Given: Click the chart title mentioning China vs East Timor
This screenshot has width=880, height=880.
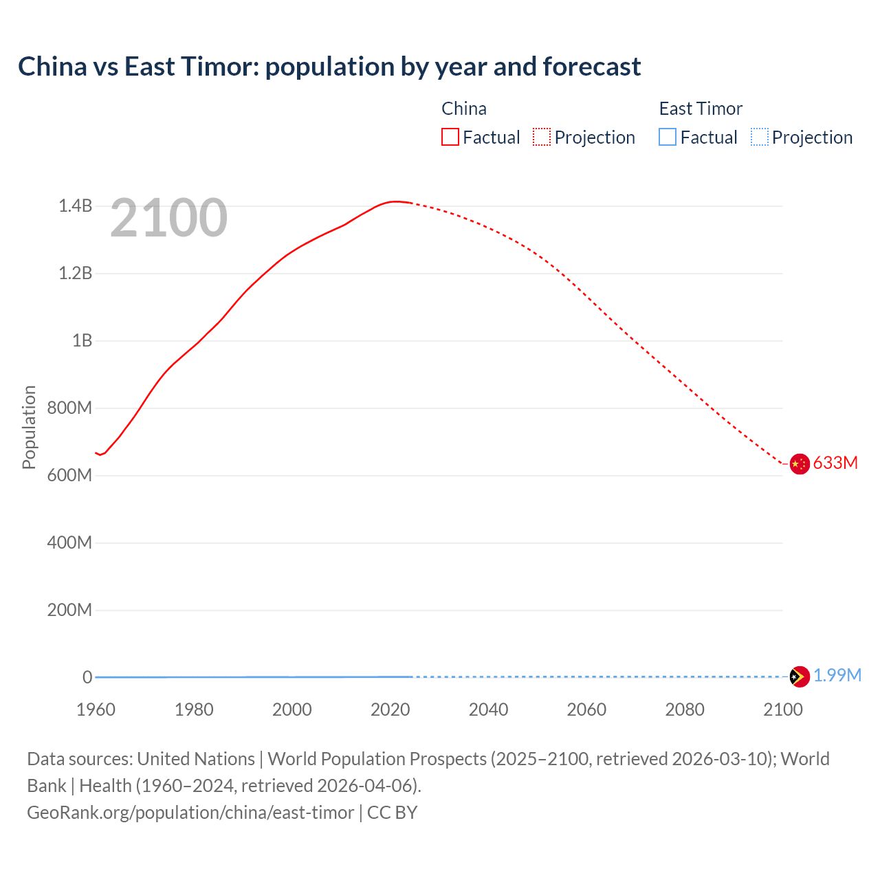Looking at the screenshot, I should click(x=329, y=67).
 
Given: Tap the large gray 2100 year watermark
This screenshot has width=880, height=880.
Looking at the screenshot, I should click(x=168, y=218).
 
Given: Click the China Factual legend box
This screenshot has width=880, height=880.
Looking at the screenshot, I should click(x=450, y=137).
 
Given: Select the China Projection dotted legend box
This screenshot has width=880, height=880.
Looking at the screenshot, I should click(x=542, y=137).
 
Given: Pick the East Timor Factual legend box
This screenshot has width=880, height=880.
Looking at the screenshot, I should click(x=668, y=137).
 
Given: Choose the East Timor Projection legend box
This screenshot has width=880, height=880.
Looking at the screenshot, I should click(x=759, y=137).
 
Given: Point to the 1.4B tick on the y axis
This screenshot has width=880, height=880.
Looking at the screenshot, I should click(x=75, y=206).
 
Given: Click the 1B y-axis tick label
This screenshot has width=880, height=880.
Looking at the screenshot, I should click(x=82, y=341).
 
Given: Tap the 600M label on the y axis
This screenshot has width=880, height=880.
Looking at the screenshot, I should click(x=69, y=476).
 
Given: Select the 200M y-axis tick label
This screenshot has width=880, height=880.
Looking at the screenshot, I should click(x=69, y=610).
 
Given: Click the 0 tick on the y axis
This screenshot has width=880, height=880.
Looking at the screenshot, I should click(x=87, y=677).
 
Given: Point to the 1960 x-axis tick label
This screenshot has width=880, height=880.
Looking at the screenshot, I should click(x=96, y=709).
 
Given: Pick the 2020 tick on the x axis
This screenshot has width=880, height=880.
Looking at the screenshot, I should click(x=390, y=709).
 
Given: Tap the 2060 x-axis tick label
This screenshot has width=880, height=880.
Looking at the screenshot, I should click(x=586, y=709).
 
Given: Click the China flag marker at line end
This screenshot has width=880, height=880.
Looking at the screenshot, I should click(x=799, y=464).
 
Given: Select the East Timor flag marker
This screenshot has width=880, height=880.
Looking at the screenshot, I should click(x=799, y=676).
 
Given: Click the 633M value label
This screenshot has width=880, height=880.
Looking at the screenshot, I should click(x=835, y=463).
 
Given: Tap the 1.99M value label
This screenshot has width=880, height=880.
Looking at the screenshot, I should click(x=837, y=676).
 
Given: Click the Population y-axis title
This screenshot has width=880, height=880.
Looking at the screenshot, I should click(x=29, y=427).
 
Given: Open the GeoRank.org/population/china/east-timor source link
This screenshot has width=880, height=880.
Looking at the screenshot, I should click(x=190, y=813).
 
